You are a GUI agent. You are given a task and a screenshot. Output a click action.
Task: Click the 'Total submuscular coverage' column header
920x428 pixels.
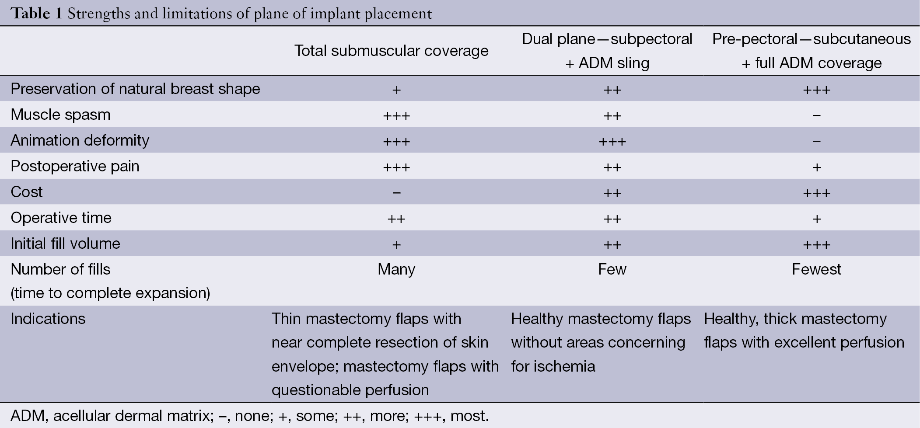[391, 51]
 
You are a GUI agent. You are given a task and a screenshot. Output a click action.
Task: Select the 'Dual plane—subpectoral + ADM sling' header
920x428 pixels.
[607, 51]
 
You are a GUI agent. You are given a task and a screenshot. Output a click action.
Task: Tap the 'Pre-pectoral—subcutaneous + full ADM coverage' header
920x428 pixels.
[812, 51]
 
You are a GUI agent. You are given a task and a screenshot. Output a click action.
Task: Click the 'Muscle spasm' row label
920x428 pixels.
[60, 115]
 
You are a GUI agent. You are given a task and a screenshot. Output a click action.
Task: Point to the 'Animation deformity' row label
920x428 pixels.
[80, 140]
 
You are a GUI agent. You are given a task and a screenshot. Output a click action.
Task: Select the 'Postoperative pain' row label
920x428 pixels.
[75, 166]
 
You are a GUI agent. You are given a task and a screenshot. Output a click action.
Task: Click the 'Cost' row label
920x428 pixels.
[27, 192]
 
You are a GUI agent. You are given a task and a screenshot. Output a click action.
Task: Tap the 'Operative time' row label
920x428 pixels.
[61, 218]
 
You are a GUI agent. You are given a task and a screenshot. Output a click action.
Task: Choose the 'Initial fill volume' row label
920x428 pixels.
[65, 244]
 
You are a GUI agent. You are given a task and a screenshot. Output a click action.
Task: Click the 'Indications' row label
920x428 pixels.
[48, 319]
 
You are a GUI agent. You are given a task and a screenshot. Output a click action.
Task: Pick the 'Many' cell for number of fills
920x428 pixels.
[396, 269]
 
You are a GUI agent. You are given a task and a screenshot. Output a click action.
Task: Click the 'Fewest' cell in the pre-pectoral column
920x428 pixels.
[816, 269]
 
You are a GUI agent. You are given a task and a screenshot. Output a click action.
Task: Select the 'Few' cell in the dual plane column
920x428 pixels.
[612, 269]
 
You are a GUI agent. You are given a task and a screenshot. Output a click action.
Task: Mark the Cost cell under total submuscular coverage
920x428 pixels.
[396, 193]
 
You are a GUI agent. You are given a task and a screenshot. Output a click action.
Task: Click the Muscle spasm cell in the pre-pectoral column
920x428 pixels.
[816, 115]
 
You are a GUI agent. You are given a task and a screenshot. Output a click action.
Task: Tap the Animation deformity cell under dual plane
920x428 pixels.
[612, 141]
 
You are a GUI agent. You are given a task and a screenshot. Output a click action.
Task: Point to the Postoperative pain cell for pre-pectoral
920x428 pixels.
[816, 167]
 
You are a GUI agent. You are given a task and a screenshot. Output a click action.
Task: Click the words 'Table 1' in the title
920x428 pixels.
[37, 14]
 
